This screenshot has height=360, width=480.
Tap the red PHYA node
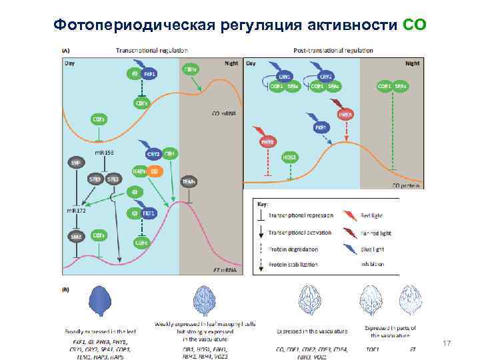(345, 115)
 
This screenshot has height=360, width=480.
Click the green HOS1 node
(290, 157)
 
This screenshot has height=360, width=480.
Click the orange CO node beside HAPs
(155, 171)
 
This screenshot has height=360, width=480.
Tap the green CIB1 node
(171, 153)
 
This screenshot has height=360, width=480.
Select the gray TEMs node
(189, 180)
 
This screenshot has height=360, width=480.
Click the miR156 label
(104, 153)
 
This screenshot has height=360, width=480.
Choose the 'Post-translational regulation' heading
(333, 51)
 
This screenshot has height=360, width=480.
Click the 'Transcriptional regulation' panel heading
(152, 51)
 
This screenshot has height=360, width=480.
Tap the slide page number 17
(447, 343)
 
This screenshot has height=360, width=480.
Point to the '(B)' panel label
(65, 289)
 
